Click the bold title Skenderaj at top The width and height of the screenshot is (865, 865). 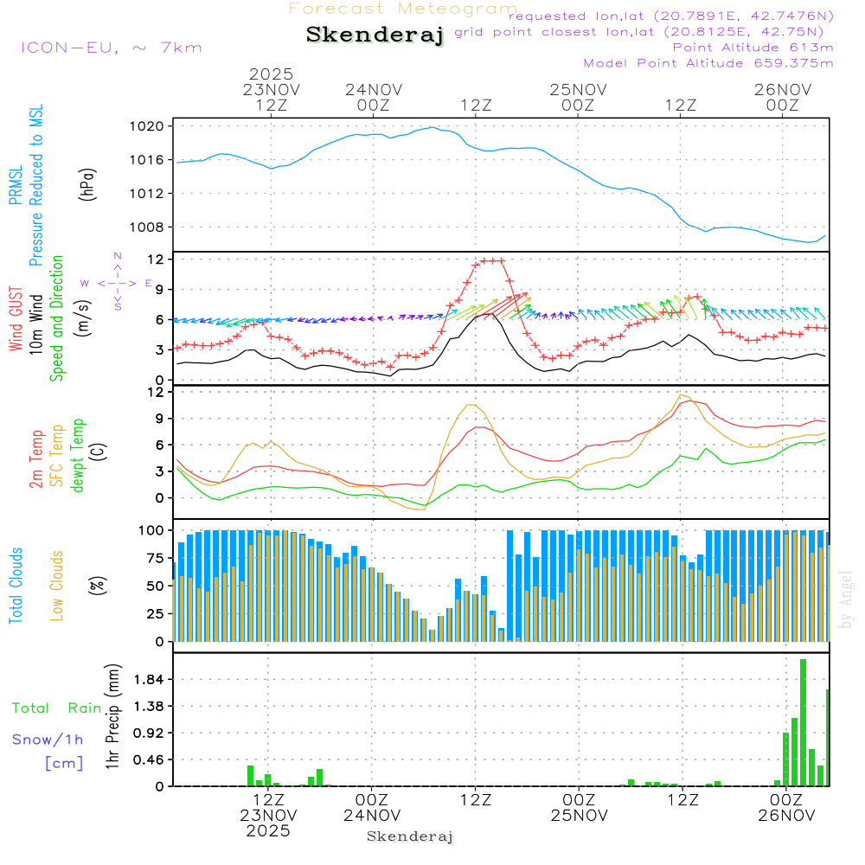pos(375,35)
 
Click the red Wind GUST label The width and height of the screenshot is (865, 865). pos(16,320)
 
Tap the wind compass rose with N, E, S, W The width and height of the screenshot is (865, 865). pos(117,282)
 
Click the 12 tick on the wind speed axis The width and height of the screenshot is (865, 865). pos(156,259)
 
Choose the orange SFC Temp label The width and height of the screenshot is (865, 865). pos(57,456)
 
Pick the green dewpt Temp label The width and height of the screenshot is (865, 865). pos(78,456)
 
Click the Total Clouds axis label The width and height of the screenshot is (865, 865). pos(16,586)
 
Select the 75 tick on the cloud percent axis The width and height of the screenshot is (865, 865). pos(156,558)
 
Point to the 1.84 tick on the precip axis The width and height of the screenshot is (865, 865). pos(149,680)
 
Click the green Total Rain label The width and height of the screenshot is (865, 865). pos(57,708)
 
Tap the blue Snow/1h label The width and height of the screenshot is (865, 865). pos(48,740)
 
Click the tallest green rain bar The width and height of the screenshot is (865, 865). pos(804,722)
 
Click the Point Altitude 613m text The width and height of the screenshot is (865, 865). pos(753,48)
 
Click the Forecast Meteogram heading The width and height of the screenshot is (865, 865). pos(403,9)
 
